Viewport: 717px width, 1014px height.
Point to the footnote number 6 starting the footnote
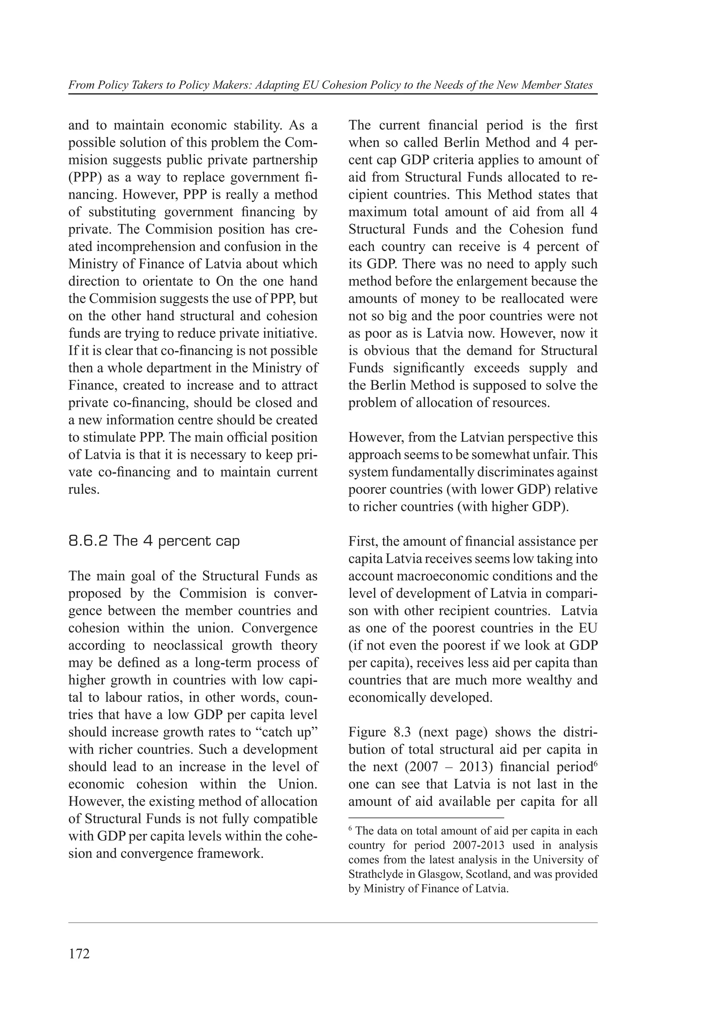pos(350,829)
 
